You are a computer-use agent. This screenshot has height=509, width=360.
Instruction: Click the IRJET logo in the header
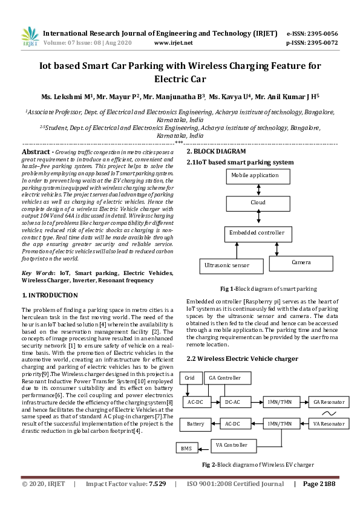pyautogui.click(x=30, y=37)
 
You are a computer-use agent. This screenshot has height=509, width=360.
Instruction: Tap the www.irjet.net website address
pyautogui.click(x=174, y=43)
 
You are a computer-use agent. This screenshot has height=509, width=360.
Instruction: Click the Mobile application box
pyautogui.click(x=254, y=175)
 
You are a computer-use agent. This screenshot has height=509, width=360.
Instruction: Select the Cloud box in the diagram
pyautogui.click(x=258, y=203)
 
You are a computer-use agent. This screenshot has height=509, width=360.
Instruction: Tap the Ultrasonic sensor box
pyautogui.click(x=232, y=265)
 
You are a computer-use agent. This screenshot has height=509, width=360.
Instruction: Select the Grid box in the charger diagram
pyautogui.click(x=190, y=378)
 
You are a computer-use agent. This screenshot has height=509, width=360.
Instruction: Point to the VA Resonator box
pyautogui.click(x=329, y=423)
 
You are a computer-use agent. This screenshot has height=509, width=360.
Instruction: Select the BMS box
pyautogui.click(x=185, y=448)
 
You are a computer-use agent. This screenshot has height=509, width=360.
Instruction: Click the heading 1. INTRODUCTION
pyautogui.click(x=50, y=295)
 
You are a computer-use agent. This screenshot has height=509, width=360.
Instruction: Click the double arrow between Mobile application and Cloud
pyautogui.click(x=258, y=189)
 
